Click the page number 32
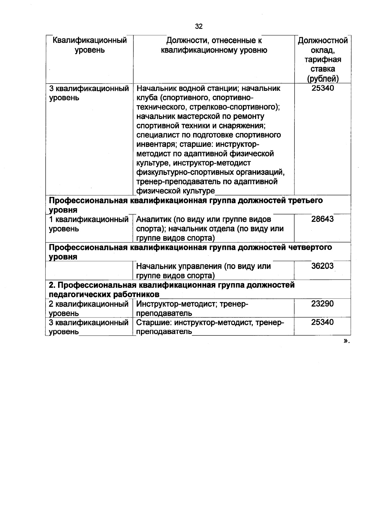(199, 27)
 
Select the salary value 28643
(322, 219)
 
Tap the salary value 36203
(322, 266)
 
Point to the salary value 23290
(322, 304)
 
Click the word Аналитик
(151, 219)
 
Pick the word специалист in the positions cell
(156, 135)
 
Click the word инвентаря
(156, 144)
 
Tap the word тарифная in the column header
(323, 60)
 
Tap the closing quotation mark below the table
(347, 341)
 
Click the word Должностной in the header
(323, 41)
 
